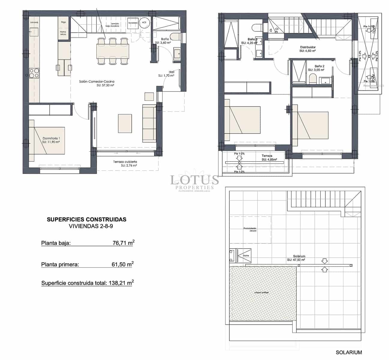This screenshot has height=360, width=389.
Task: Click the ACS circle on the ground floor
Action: click(144, 22)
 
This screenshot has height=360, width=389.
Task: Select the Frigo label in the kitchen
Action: click(63, 22)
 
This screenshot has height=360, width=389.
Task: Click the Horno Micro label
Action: click(63, 33)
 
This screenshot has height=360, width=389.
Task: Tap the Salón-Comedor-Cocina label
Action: click(97, 81)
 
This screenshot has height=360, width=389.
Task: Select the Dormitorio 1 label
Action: click(51, 138)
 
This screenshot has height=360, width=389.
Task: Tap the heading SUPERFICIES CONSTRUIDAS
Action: click(86, 220)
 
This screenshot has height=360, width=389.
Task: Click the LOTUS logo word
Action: click(194, 180)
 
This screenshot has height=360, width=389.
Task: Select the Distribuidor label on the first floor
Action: click(308, 47)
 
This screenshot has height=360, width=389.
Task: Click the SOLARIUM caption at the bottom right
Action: click(349, 352)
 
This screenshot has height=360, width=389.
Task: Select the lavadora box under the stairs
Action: click(133, 23)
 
